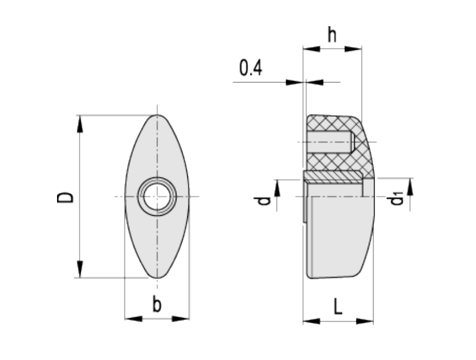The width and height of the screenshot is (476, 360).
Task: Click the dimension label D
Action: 65,197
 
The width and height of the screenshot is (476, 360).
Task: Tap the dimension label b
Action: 157,305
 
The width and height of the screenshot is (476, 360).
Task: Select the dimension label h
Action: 332,34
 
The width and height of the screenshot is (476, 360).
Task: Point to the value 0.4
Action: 250,68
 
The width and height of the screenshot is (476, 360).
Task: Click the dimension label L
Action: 338,306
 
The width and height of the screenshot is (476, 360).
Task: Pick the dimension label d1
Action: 395,199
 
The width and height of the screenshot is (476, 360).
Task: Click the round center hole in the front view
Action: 157,197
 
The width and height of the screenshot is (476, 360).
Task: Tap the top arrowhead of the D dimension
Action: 80,124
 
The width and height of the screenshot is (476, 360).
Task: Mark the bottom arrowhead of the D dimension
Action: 80,269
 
